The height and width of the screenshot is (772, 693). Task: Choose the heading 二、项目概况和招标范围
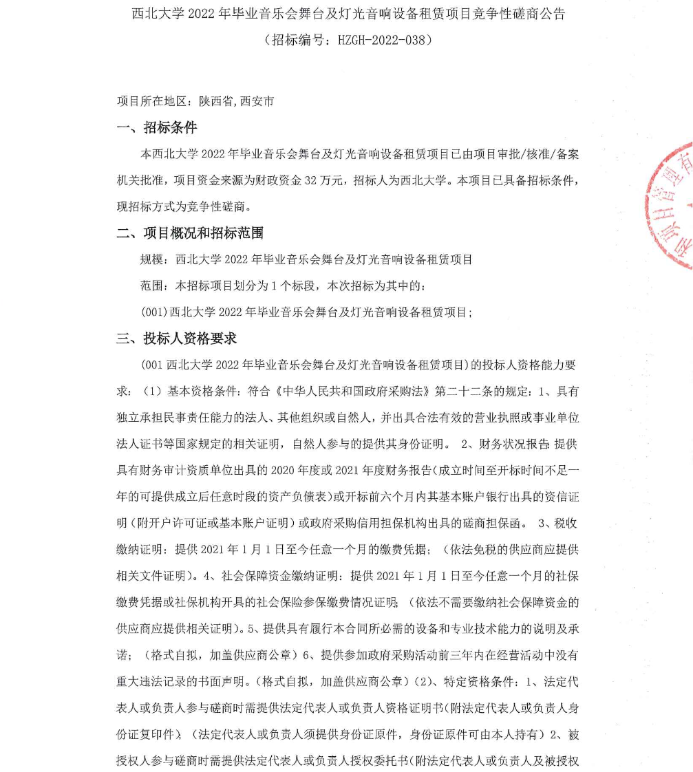click(x=190, y=233)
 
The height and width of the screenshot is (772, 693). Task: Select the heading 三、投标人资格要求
click(x=177, y=339)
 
